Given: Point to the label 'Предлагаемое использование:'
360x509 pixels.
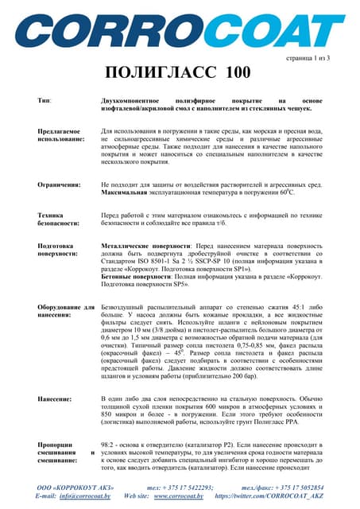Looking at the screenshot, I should pos(62,134).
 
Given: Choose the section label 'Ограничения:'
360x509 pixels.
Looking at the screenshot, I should pos(59,184).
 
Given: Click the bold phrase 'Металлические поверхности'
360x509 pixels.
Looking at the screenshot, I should pos(147,247).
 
